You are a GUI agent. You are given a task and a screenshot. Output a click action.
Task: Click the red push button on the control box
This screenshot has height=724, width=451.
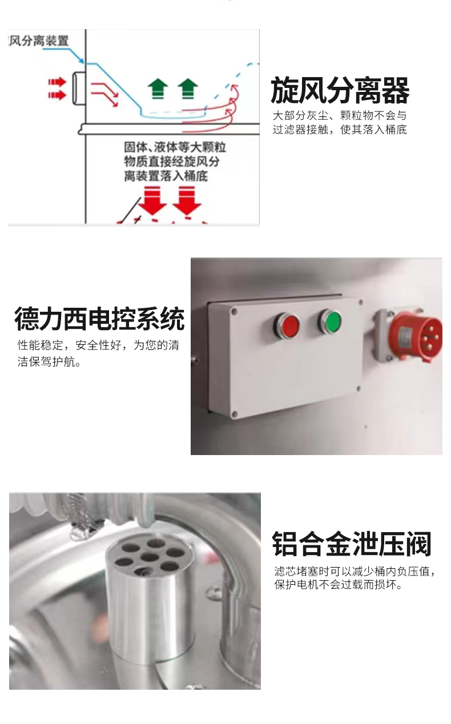click(x=287, y=325)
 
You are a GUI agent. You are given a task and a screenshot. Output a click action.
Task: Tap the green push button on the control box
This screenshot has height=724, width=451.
click(x=330, y=321)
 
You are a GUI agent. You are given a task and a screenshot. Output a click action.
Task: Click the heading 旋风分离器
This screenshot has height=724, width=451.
click(x=340, y=90)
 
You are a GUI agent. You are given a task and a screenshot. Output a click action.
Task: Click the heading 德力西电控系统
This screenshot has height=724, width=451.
click(x=99, y=319)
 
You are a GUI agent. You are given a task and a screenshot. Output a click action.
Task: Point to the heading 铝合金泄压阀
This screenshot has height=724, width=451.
click(x=352, y=544)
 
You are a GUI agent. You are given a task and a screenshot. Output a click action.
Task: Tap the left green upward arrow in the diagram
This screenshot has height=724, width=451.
click(x=158, y=89)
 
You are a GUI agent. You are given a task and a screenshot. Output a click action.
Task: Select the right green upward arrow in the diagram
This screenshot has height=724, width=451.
click(x=188, y=89)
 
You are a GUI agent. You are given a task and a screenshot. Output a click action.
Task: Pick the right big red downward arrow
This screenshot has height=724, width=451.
click(x=187, y=201)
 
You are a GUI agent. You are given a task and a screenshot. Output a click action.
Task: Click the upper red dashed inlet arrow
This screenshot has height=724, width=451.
click(x=57, y=82)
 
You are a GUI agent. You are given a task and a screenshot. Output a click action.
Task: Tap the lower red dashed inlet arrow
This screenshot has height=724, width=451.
click(x=57, y=95)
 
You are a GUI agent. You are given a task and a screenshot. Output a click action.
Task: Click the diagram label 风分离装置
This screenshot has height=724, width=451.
click(x=38, y=41)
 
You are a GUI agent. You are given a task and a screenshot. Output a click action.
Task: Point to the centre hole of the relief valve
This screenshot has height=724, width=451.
click(x=150, y=557)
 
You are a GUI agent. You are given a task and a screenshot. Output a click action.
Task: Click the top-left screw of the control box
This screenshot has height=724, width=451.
click(x=234, y=312)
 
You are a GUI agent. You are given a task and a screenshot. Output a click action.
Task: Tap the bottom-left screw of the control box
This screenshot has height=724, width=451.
click(x=235, y=414)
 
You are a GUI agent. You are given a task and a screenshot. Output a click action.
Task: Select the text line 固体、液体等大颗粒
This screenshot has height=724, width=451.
click(x=175, y=147)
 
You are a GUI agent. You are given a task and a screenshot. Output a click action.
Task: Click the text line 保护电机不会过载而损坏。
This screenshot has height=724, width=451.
click(x=338, y=584)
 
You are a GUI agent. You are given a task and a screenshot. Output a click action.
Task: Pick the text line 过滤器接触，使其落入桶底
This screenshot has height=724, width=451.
click(x=340, y=130)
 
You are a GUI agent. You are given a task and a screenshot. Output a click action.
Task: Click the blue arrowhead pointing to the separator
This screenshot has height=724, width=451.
click(x=81, y=60)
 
